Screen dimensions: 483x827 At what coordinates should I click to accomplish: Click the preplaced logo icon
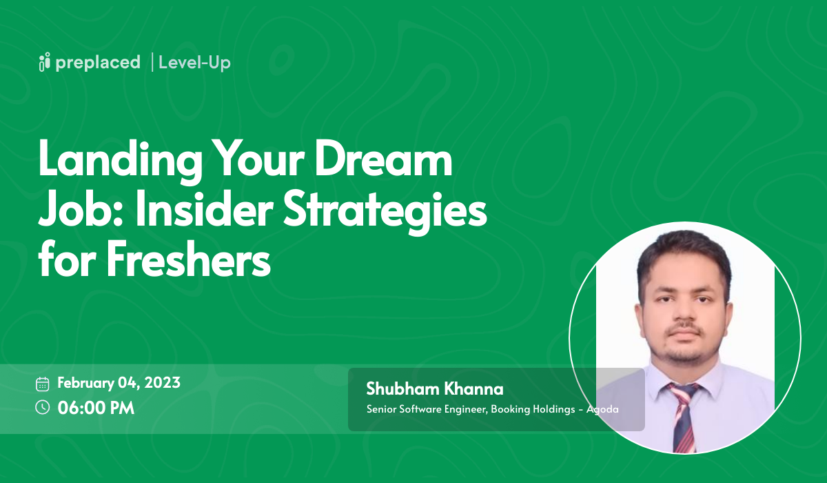tap(45, 62)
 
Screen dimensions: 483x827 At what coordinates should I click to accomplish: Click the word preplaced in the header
tap(98, 63)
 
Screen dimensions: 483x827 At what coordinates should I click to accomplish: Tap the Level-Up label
tap(194, 63)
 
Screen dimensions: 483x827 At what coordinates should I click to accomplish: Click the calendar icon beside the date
tap(43, 384)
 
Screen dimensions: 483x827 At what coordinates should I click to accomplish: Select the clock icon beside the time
tap(43, 407)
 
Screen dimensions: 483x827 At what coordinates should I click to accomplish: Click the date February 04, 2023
tap(119, 383)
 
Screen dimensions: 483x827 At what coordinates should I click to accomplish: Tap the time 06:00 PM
tap(96, 408)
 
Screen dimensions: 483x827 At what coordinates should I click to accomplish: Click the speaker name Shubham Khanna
tap(435, 389)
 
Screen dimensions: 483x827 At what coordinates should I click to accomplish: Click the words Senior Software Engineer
tap(427, 409)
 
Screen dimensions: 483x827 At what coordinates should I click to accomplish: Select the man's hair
tap(682, 248)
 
